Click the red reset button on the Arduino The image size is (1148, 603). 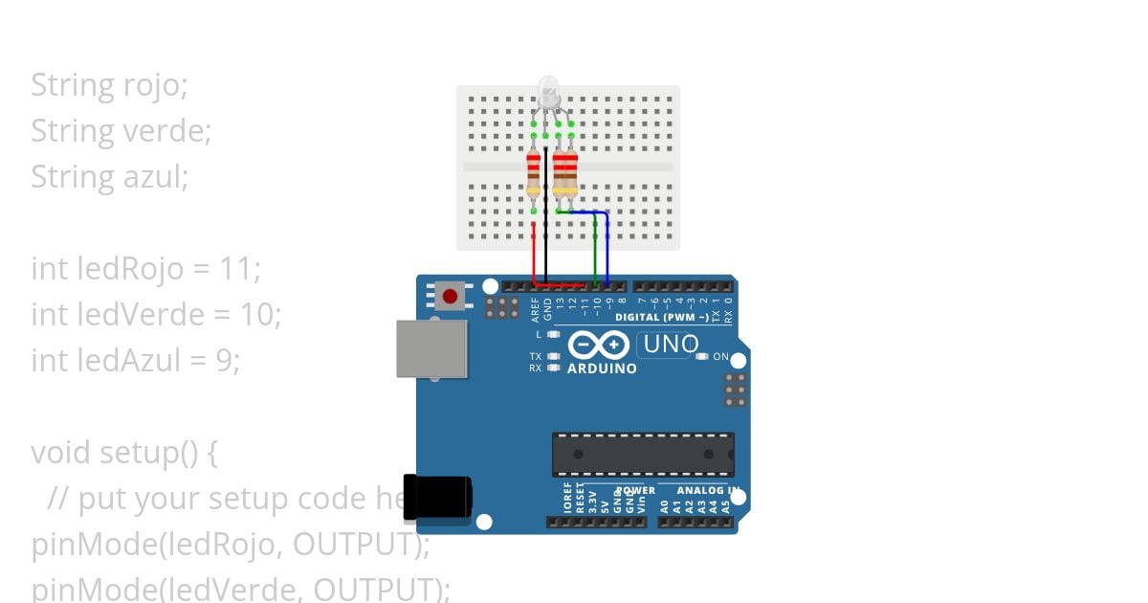450,296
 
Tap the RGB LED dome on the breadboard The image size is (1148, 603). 549,93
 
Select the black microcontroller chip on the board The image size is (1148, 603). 643,454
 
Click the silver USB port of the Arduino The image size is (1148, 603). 431,348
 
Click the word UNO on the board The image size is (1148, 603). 671,344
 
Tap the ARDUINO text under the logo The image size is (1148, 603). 602,368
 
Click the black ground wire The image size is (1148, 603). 545,220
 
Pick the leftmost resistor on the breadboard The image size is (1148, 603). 534,177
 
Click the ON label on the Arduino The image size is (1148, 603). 721,357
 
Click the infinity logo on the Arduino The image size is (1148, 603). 599,346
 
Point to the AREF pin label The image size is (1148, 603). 535,307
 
